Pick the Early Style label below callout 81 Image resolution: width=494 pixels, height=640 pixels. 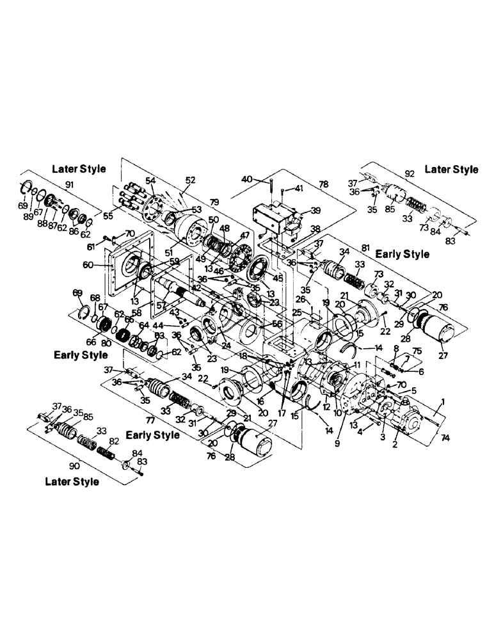(402, 254)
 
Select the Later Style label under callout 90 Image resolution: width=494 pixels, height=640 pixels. (72, 481)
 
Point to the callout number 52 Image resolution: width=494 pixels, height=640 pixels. (191, 180)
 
